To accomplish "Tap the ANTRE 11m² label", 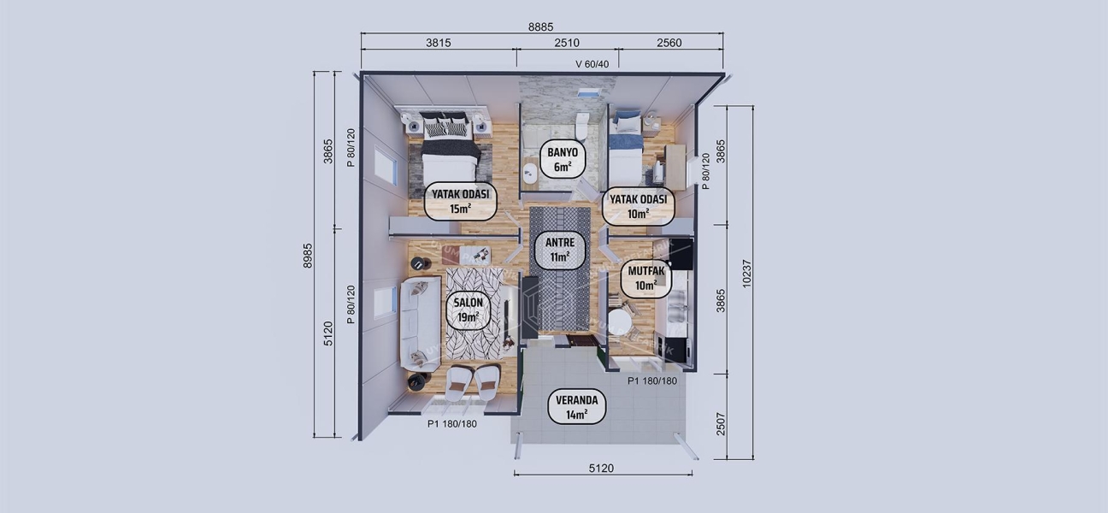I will (x=559, y=249).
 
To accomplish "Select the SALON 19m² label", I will (x=468, y=310).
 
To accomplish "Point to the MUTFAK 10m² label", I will (x=645, y=278).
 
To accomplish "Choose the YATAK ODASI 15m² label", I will (x=460, y=202).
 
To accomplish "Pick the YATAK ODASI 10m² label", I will (x=637, y=206).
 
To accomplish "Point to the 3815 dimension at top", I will (x=438, y=43).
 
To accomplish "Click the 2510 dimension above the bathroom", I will (x=567, y=43).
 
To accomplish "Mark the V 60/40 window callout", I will (x=592, y=64).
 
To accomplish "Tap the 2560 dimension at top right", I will (x=669, y=43).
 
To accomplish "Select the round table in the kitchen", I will (x=622, y=323).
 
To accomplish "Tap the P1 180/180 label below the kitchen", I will (x=652, y=381).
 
